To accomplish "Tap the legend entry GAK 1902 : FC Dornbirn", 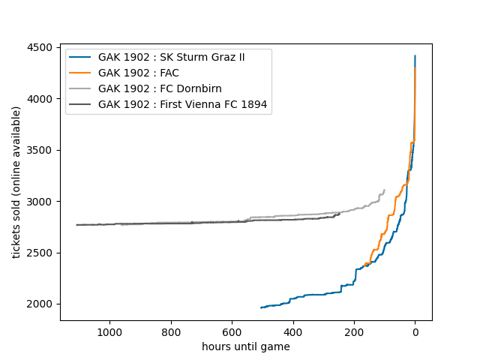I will click(160, 89).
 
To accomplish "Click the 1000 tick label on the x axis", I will click(109, 331).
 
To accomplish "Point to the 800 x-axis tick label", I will click(171, 331).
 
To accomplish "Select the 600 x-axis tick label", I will click(232, 331).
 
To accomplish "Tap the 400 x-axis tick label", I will click(293, 331).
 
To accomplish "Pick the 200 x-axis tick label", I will click(354, 331).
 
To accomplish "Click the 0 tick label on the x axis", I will click(415, 331).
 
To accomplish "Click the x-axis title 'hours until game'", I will click(246, 346).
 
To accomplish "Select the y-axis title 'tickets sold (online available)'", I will click(16, 182).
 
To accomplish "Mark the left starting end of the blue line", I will click(260, 307).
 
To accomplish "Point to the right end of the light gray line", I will click(384, 190).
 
